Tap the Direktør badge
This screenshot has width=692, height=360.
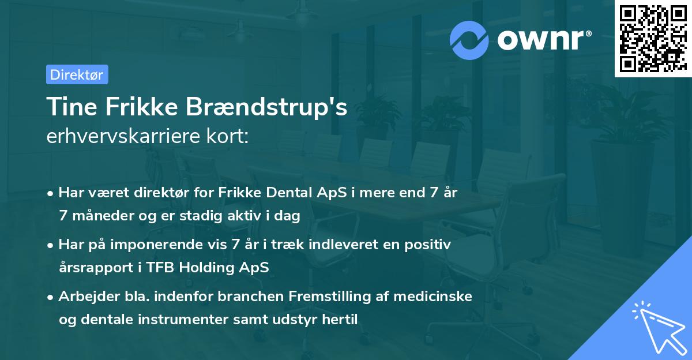(x=77, y=74)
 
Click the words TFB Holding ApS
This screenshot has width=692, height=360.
(x=224, y=268)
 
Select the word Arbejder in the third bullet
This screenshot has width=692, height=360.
(x=85, y=297)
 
